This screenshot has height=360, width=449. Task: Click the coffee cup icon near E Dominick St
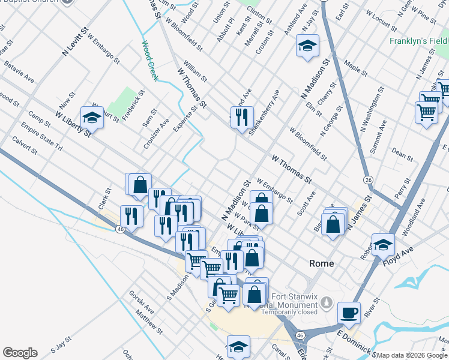coord(349,312)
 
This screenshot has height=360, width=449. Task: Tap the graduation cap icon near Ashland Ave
coord(307,46)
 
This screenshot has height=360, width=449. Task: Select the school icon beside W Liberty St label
coord(92,117)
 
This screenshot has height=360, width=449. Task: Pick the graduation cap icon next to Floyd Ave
coord(383,244)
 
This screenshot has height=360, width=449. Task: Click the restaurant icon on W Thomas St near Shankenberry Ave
coord(242,116)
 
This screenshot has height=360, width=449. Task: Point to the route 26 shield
coord(368,179)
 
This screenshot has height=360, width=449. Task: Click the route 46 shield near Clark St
coord(119,229)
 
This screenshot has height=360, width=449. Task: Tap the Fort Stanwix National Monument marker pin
coord(327,302)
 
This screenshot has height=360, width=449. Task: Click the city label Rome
coord(321,263)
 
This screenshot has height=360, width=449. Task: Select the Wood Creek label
coord(149,61)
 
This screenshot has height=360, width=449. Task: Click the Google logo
coord(20,353)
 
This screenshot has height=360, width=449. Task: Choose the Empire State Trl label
coord(41,137)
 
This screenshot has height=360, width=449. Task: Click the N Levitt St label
coord(75,41)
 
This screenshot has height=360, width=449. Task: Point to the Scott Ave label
coord(306,204)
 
